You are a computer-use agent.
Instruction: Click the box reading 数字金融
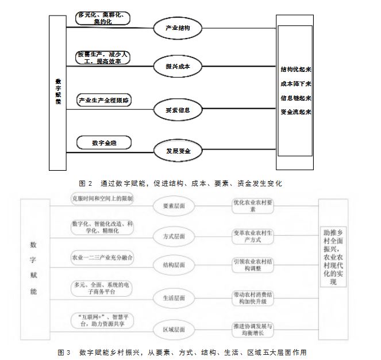[103, 141]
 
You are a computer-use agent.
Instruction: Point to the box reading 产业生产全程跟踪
[104, 101]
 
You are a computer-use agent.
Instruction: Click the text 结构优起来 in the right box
[295, 70]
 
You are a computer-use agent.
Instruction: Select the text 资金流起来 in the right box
[295, 112]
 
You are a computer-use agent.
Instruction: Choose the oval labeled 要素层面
[175, 205]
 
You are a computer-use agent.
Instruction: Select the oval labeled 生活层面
[175, 297]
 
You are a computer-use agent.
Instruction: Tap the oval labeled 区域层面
[175, 329]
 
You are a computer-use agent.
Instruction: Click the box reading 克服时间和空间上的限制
[103, 198]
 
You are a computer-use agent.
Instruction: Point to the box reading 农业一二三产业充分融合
[103, 257]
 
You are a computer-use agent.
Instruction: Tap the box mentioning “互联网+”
[103, 321]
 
